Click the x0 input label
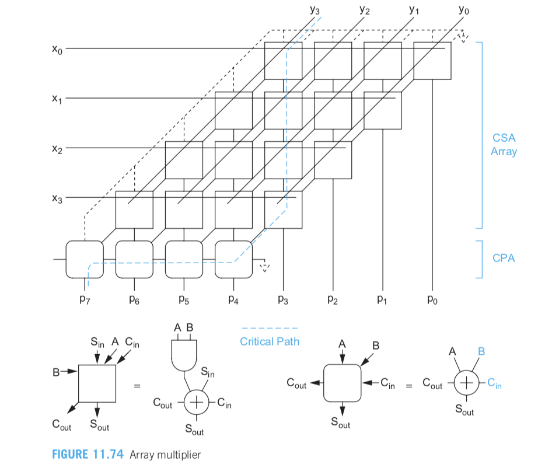tap(57, 50)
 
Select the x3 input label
tap(57, 198)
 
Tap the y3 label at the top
tap(315, 9)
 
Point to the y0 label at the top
tap(463, 9)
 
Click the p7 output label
tap(85, 299)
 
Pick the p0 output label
tap(432, 299)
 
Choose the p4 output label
tap(233, 299)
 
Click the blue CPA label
tap(504, 258)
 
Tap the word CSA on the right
tap(504, 138)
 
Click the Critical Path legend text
tap(270, 341)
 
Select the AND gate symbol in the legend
tap(184, 355)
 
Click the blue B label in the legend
tap(481, 351)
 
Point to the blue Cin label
tap(494, 383)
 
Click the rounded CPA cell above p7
tap(85, 260)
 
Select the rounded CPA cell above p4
tap(233, 260)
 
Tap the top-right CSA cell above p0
tap(432, 61)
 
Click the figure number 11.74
tap(108, 454)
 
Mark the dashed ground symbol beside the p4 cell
tap(264, 267)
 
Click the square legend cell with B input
tap(97, 383)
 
